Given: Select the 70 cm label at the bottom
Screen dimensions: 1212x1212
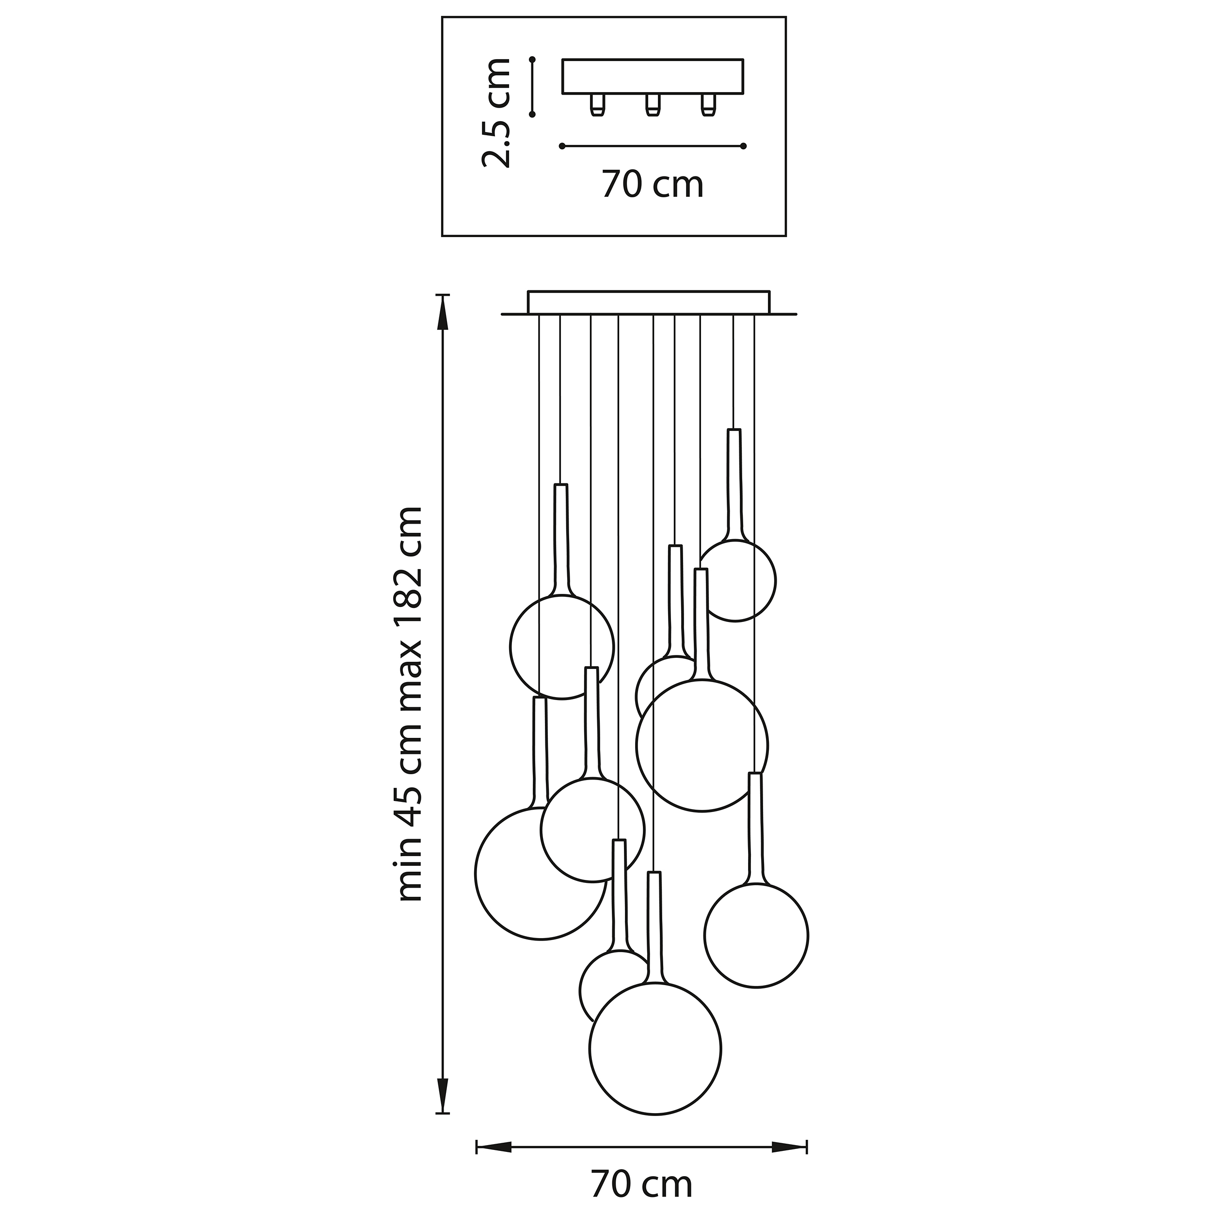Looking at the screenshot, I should (641, 1184).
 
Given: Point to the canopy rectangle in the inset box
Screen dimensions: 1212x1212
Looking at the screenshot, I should (653, 77).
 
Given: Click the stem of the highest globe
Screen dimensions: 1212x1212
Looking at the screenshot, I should (733, 483).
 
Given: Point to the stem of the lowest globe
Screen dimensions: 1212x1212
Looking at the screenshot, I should (654, 925).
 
